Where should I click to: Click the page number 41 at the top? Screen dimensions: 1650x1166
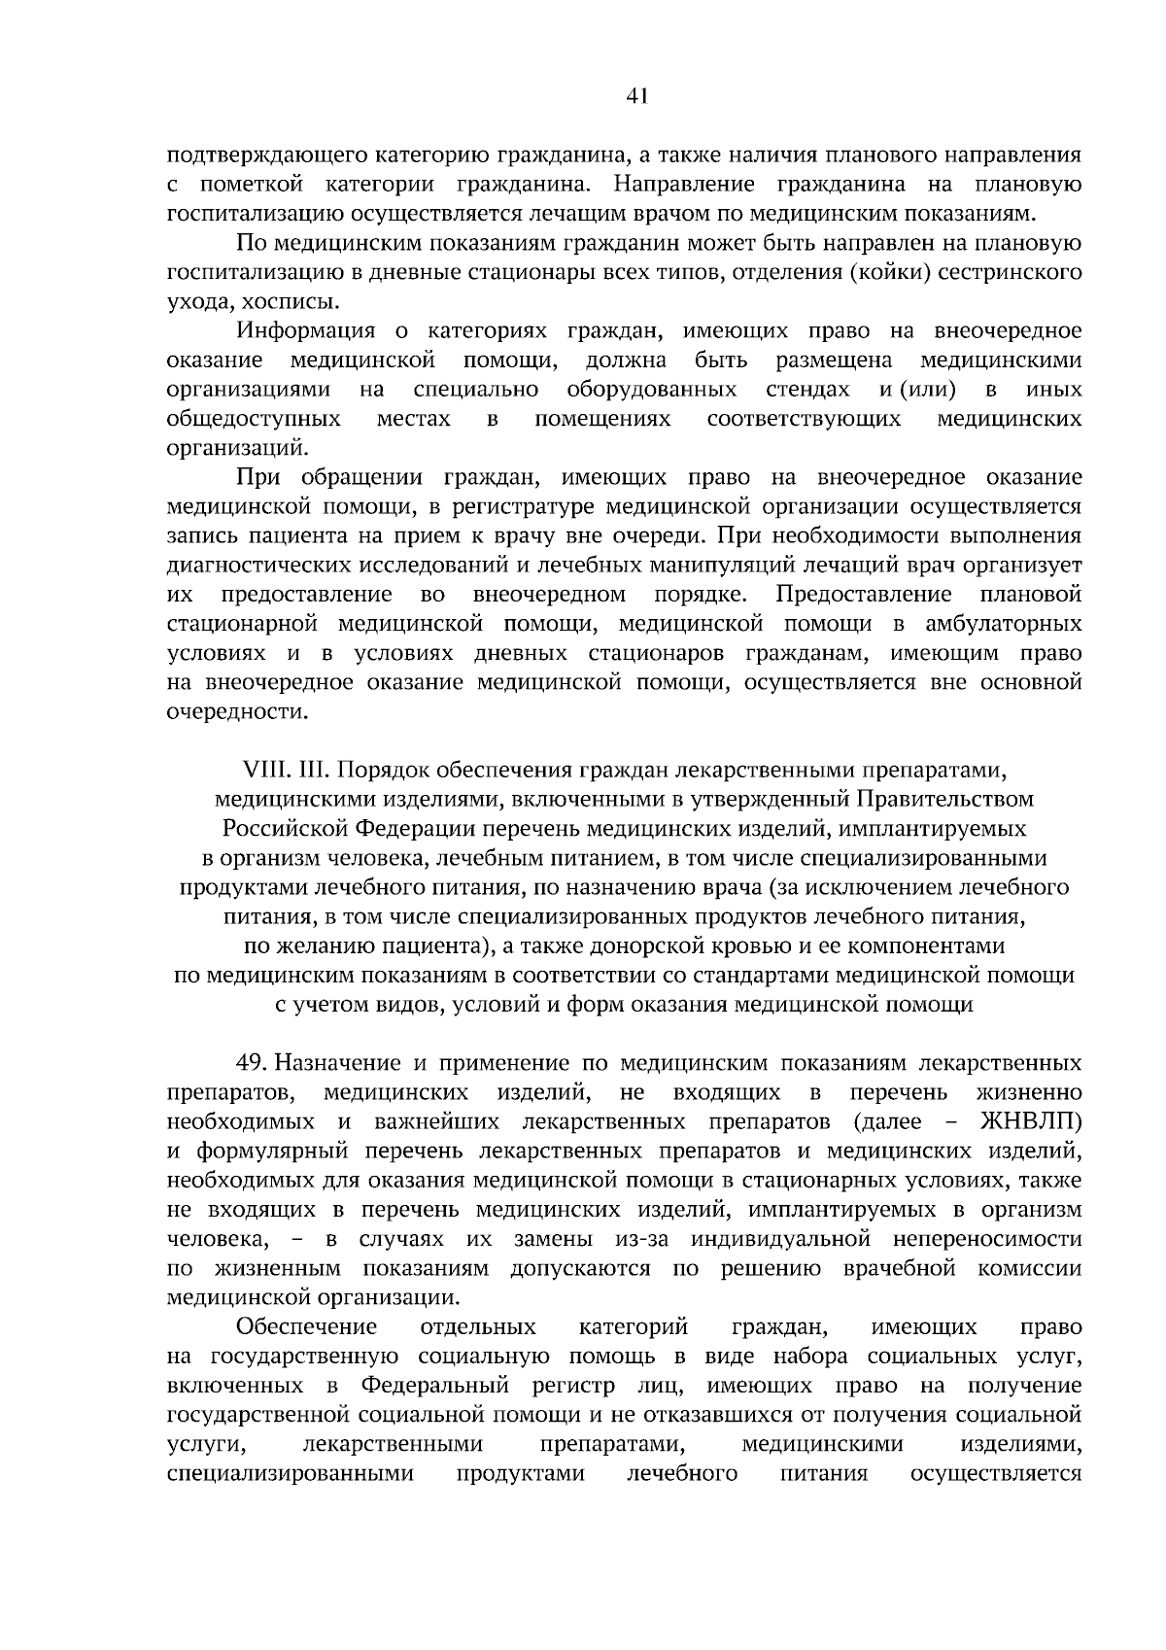637,95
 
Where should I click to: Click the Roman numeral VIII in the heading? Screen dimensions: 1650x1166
262,771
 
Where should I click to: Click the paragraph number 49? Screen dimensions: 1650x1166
248,1064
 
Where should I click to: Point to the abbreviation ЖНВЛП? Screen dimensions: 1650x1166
1031,1122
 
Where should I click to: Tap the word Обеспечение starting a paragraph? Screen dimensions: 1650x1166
307,1326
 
